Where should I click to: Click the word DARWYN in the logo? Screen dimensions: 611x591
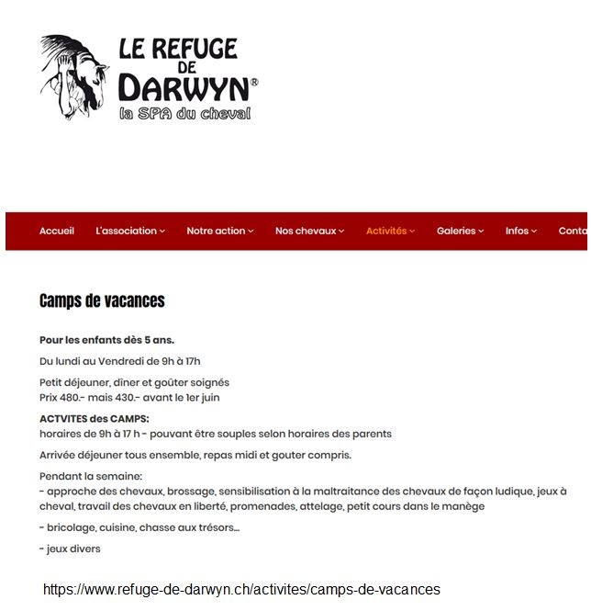[184, 88]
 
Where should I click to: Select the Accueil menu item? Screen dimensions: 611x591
[57, 231]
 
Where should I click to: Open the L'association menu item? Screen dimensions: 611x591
[129, 231]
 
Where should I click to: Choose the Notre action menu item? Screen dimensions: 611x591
[220, 231]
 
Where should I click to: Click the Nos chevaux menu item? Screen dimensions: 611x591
[309, 231]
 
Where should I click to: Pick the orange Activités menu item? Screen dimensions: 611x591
[390, 231]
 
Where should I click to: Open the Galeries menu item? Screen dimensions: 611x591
[460, 231]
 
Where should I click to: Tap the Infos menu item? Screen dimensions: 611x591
[520, 231]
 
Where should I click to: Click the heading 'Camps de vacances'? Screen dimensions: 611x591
[102, 300]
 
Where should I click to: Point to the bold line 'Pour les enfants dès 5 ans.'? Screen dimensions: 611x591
[106, 340]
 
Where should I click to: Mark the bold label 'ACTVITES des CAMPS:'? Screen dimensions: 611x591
[94, 418]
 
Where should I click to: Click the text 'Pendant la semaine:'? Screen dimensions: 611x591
[91, 476]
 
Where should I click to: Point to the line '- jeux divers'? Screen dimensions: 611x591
[70, 549]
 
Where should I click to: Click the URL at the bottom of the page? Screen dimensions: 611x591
[241, 589]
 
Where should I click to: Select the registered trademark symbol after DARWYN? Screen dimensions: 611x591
[254, 82]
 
